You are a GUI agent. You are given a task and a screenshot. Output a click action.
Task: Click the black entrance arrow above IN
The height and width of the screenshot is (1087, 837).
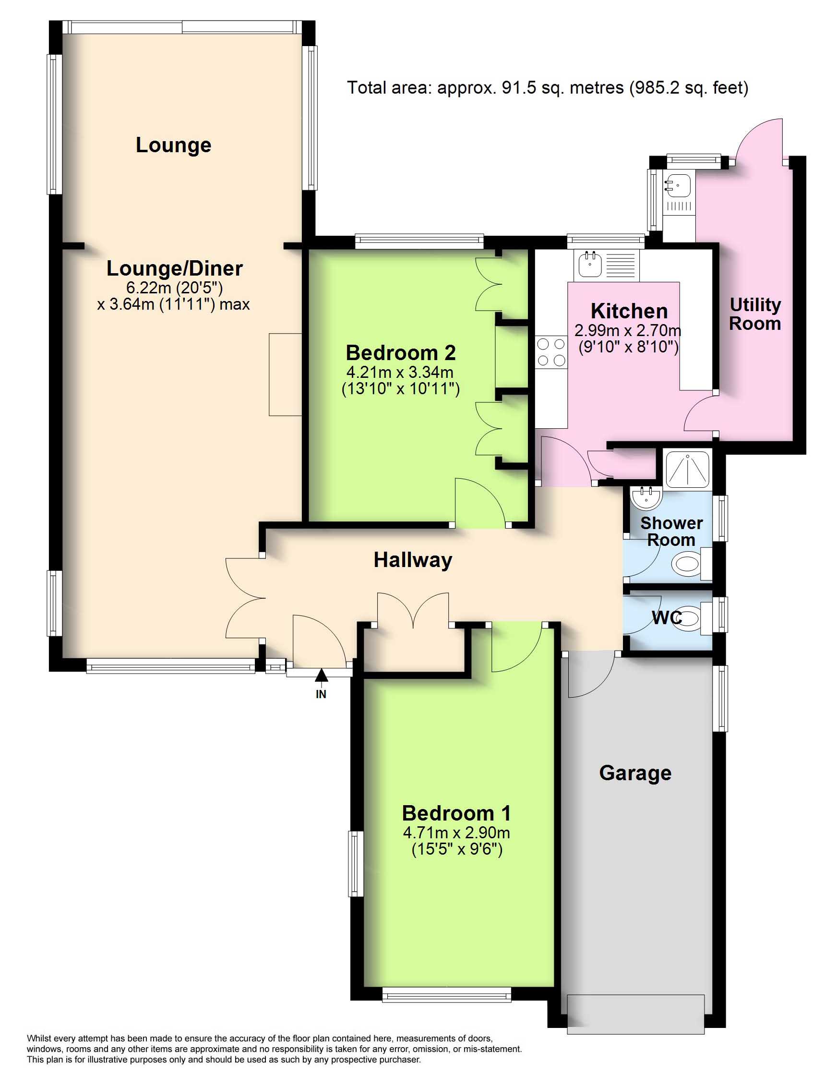click(x=322, y=675)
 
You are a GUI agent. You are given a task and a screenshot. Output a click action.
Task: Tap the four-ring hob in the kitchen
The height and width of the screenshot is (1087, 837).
click(x=551, y=352)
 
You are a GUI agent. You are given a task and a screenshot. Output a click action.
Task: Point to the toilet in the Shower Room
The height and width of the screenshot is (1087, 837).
click(x=691, y=564)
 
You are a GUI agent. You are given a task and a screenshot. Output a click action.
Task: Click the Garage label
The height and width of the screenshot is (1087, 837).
click(x=635, y=773)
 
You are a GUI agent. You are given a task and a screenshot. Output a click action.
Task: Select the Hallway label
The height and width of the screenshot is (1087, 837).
click(x=413, y=560)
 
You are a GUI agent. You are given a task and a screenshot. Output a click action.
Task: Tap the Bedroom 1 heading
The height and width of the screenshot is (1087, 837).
click(x=456, y=813)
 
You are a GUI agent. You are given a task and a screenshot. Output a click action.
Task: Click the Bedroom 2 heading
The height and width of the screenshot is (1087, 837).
click(x=401, y=353)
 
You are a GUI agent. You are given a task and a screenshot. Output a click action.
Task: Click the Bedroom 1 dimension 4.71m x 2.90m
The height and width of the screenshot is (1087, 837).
click(x=456, y=833)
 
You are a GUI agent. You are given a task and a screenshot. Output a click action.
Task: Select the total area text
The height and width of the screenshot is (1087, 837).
click(x=548, y=88)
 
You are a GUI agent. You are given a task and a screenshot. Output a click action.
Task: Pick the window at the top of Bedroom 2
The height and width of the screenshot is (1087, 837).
click(x=419, y=242)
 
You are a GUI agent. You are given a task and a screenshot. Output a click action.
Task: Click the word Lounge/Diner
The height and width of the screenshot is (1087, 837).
click(x=175, y=269)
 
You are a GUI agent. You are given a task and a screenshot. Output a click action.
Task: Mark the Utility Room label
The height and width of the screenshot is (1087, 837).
click(x=755, y=314)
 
